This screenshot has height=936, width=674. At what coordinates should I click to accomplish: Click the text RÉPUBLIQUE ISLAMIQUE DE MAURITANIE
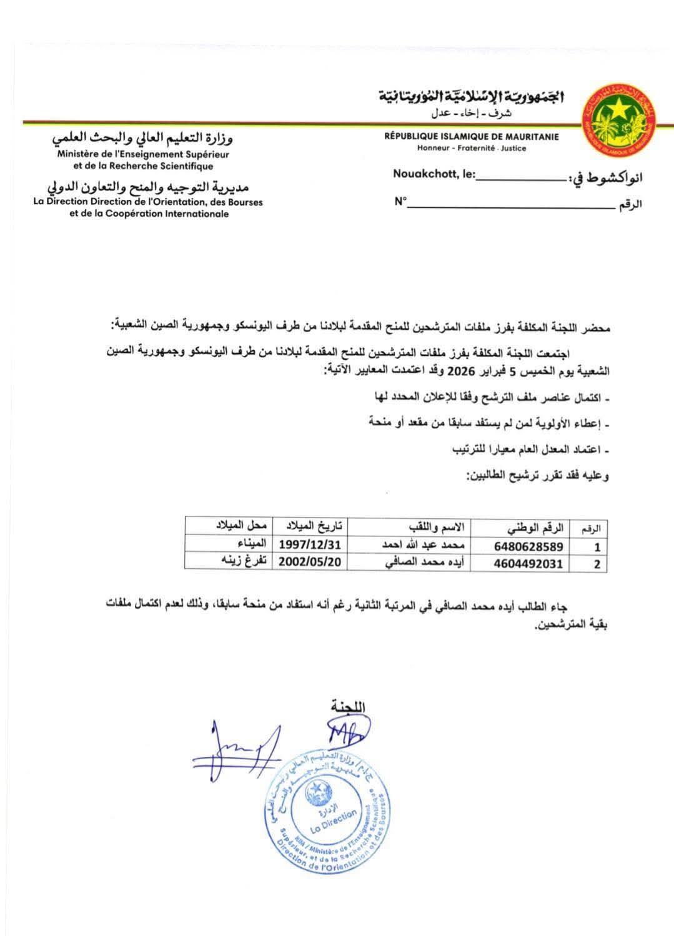tap(472, 137)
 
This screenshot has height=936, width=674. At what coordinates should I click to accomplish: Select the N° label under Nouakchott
tap(400, 202)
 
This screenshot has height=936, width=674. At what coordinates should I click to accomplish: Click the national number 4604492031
tap(528, 564)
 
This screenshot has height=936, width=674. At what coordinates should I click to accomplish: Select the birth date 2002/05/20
tap(310, 562)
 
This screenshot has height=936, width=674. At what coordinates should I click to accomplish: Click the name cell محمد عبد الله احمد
tap(415, 545)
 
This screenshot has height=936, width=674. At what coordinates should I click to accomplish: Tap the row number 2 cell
tap(597, 564)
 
